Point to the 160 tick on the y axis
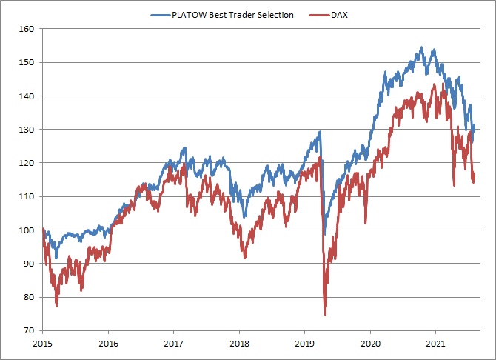(x=27, y=30)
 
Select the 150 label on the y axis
(x=27, y=63)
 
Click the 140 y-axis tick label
(x=27, y=96)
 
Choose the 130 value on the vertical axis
(x=27, y=130)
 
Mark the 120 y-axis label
(x=27, y=163)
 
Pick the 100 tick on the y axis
(x=27, y=230)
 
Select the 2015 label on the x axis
(x=42, y=344)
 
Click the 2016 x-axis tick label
(x=108, y=344)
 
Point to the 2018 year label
(x=239, y=344)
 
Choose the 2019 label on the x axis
(x=304, y=344)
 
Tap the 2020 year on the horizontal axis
(x=370, y=344)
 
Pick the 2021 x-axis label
(x=435, y=344)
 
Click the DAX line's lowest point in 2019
(x=325, y=314)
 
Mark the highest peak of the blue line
(x=421, y=48)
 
